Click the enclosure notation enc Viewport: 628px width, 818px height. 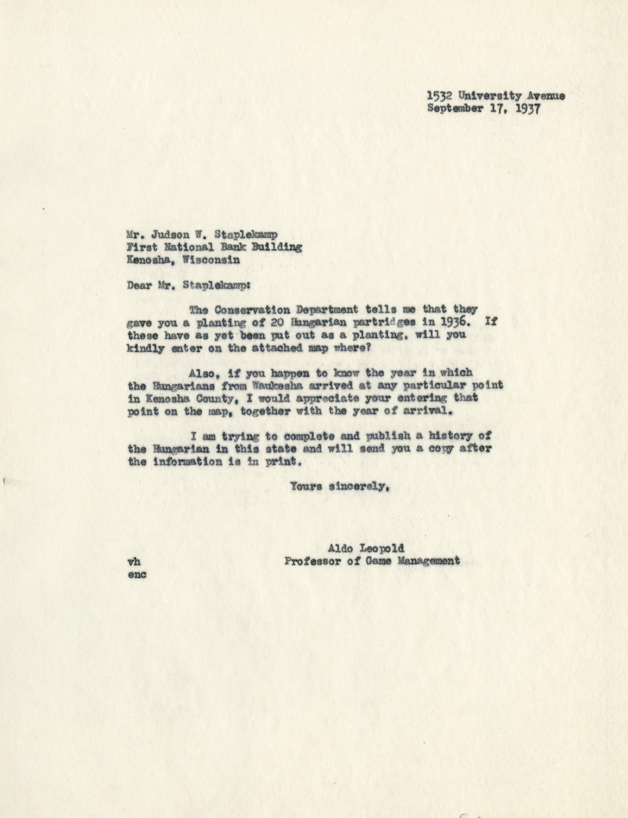(137, 574)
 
